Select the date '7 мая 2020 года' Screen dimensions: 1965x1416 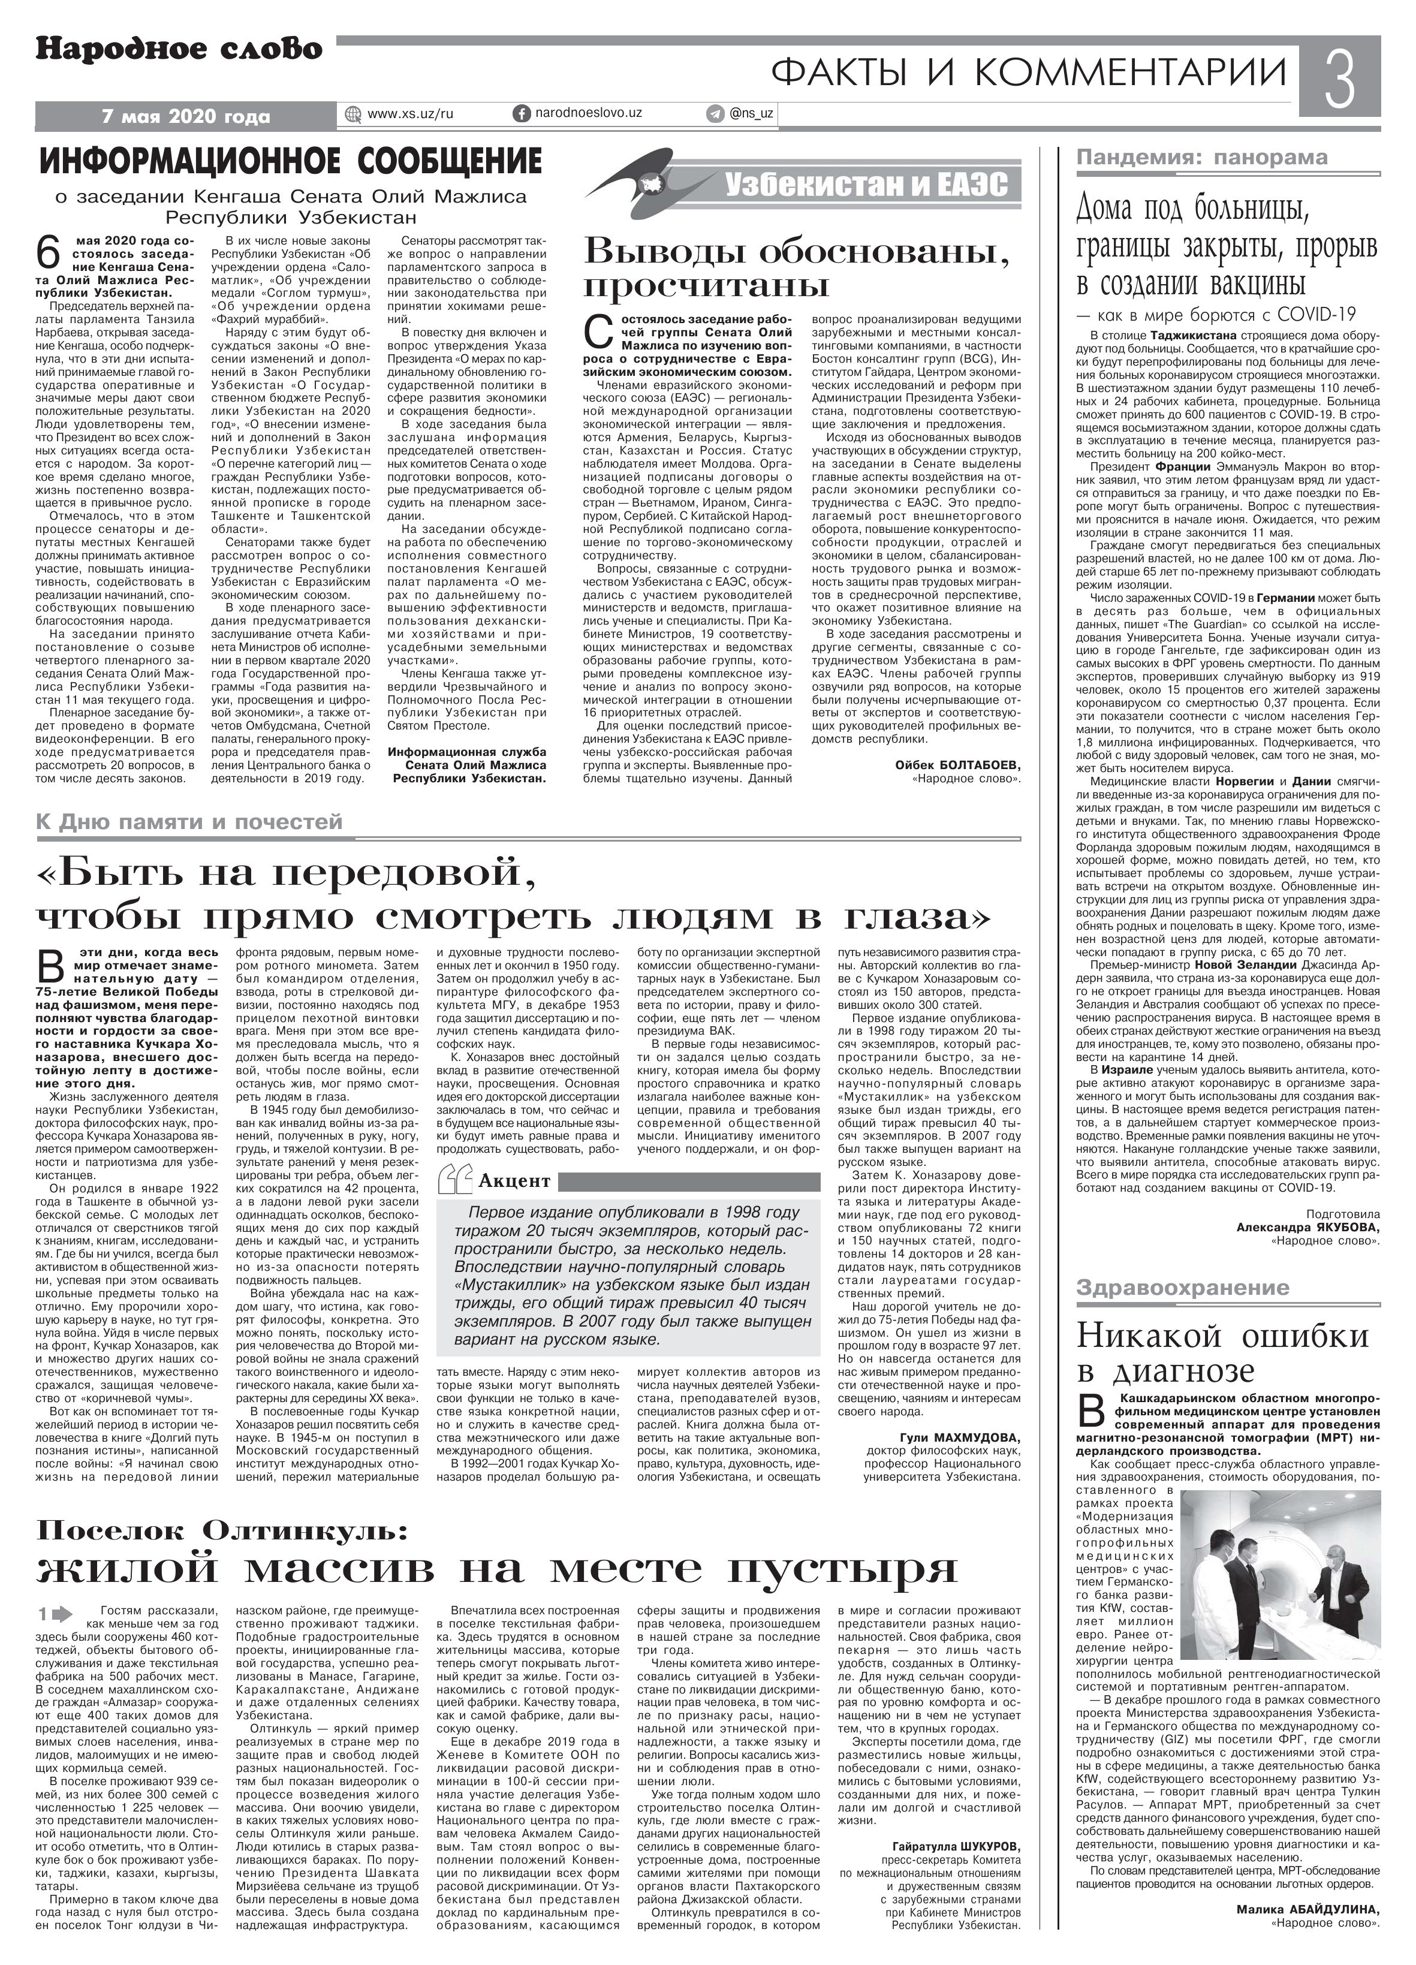[x=185, y=116]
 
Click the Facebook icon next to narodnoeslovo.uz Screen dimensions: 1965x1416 [x=523, y=113]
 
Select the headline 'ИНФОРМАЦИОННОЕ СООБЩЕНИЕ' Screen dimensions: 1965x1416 [x=291, y=161]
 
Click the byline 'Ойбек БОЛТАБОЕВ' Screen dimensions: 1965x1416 [x=957, y=764]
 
